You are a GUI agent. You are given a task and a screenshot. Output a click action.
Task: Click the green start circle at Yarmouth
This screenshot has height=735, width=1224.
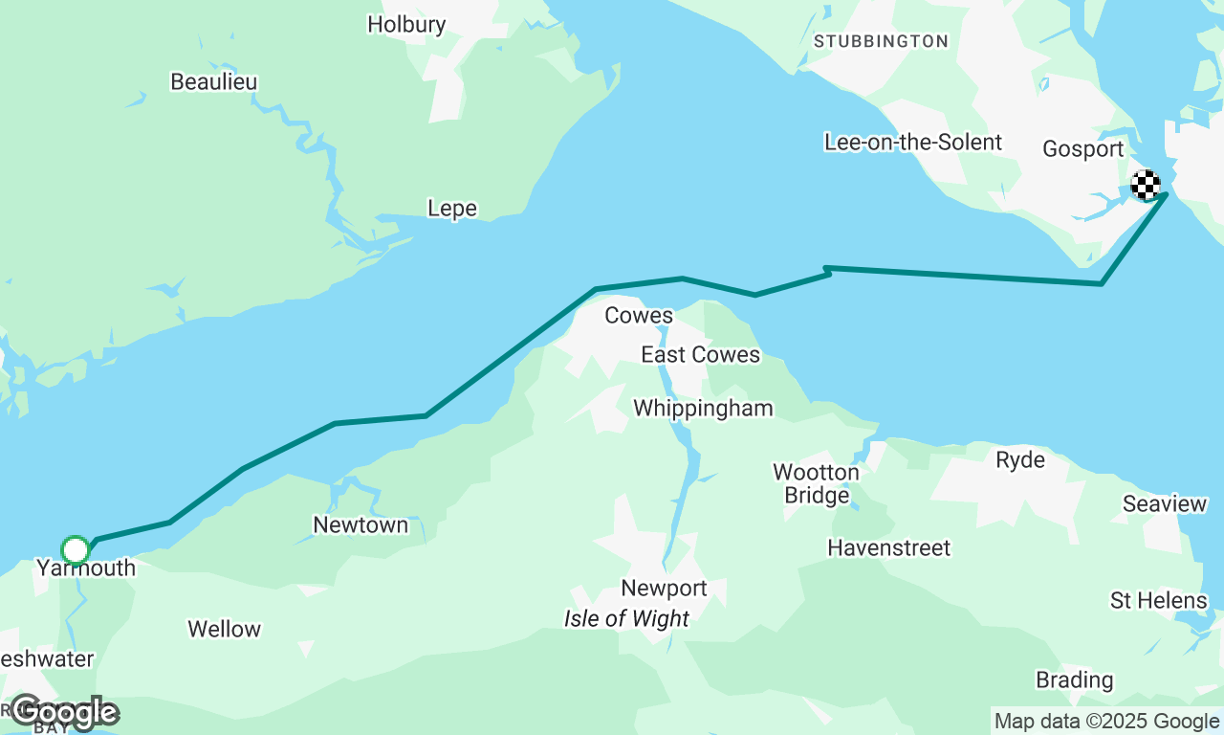pos(76,550)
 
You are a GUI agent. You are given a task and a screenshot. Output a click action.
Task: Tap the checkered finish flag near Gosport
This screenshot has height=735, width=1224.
pos(1146,185)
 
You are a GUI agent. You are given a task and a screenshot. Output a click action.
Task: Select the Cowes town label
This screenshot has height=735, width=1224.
pos(639,316)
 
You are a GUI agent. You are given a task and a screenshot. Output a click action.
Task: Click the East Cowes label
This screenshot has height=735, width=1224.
pos(700,355)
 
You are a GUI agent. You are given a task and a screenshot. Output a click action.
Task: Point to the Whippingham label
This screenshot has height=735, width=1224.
pos(703,409)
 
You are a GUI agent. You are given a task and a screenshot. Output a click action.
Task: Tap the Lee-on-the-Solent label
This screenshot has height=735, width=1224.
pos(913,143)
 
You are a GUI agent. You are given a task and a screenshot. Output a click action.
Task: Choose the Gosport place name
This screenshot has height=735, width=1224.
pos(1082,149)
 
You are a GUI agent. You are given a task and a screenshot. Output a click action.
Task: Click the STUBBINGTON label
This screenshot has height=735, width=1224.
pos(881,41)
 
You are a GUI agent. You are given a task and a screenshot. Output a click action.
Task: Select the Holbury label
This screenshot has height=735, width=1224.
pos(406,25)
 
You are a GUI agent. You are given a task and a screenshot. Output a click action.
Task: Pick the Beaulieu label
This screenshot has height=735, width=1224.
pos(214,82)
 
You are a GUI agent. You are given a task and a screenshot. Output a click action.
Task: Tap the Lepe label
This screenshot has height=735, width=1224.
pos(452,209)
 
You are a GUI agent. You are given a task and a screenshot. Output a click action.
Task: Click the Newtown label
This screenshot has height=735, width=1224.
pos(361,525)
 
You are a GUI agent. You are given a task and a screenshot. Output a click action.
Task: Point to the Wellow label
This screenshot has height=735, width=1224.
pos(224,630)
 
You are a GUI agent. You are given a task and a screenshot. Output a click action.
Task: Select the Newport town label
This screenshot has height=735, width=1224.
pos(664,589)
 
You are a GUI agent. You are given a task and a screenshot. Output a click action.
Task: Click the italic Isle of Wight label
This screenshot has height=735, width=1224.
pos(626,619)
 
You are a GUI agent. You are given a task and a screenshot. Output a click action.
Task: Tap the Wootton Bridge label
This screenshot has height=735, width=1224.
pos(816,483)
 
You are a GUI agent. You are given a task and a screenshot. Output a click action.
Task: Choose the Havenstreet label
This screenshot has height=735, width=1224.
pos(889,548)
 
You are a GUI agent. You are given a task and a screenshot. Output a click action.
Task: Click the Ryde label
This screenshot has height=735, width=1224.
pos(1020,460)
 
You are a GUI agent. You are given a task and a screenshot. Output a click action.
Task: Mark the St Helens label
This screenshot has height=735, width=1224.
pos(1158,601)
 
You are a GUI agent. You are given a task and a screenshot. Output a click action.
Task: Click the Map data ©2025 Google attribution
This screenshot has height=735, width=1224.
pos(1106,722)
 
